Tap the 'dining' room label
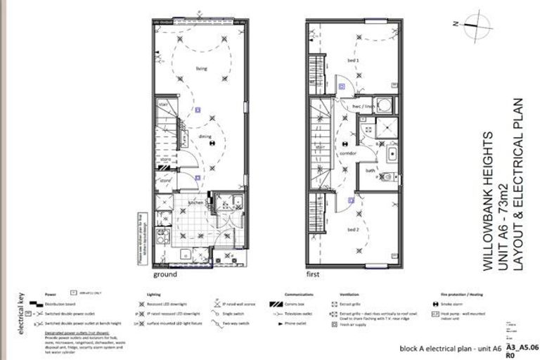pos(206,137)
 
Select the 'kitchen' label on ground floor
pos(195,202)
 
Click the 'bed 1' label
pos(353,60)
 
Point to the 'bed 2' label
pos(353,229)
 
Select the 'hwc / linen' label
pos(361,107)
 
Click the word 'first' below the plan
pos(313,275)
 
